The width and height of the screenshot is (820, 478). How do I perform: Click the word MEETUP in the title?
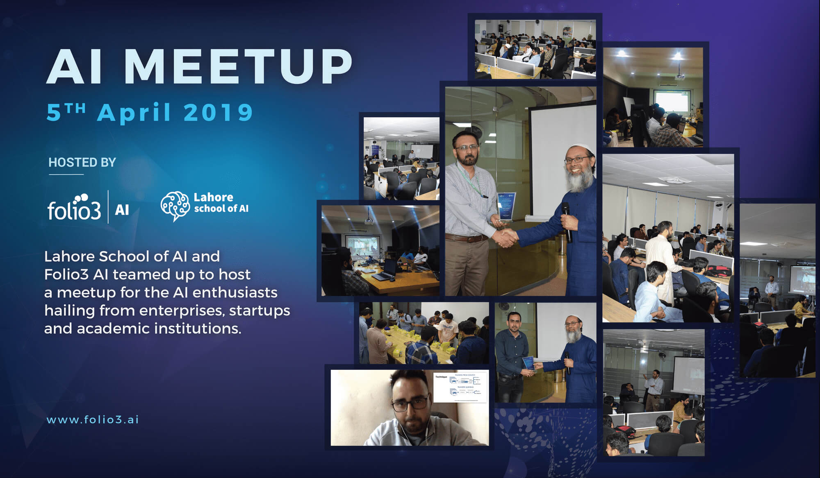point(238,67)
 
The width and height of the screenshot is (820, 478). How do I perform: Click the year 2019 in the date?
point(218,113)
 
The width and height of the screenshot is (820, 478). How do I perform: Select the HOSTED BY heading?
point(82,163)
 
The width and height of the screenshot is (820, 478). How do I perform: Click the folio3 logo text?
point(74,210)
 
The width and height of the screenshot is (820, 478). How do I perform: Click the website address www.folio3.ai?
point(93,420)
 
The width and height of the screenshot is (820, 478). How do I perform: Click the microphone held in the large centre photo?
point(567,221)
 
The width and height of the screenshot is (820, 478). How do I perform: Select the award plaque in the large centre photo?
point(506,207)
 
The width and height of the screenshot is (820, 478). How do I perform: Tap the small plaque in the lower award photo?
point(528,363)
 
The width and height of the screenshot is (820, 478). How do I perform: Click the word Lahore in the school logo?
point(213,197)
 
